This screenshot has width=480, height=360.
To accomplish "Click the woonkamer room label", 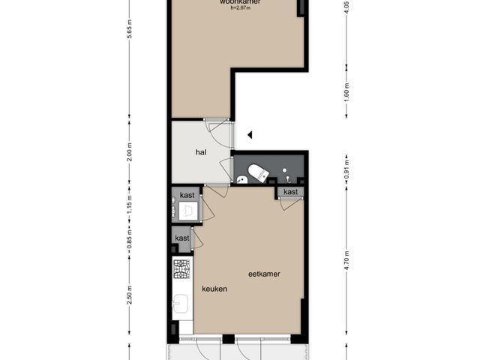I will tap(240, 2).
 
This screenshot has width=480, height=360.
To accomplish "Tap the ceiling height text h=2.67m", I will tap(240, 10).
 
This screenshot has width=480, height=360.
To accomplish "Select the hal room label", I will tap(200, 152).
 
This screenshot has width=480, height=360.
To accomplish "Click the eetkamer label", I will tap(264, 274).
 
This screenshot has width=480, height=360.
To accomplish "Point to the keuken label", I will tap(214, 289).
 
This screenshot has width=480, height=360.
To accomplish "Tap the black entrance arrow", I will tap(250, 135).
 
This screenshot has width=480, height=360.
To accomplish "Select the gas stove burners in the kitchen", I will tap(182, 268).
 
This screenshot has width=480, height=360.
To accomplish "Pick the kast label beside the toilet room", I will tap(290, 192).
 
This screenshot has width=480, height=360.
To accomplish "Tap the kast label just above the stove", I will tap(182, 238).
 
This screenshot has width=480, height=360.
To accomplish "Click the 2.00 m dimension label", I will tap(129, 154).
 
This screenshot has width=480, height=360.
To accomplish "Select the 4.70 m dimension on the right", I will tap(347, 259).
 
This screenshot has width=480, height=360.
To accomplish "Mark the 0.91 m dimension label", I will tap(347, 168).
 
